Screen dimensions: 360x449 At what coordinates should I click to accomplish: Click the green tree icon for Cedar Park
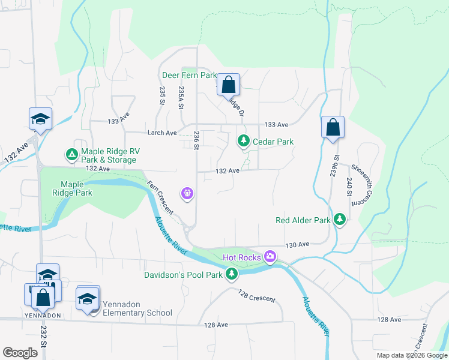tap(243, 141)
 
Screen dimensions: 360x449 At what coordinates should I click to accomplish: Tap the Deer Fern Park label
tap(189, 76)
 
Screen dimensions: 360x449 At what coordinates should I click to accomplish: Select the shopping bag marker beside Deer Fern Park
tap(228, 85)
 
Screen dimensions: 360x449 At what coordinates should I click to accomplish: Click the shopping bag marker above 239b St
tap(333, 127)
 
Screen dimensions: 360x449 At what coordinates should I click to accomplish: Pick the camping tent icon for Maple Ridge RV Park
tap(71, 155)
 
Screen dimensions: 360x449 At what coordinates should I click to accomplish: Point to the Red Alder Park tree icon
tap(340, 220)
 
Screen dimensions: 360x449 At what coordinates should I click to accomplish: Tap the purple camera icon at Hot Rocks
tap(270, 257)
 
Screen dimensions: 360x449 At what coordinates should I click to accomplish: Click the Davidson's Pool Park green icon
tap(232, 275)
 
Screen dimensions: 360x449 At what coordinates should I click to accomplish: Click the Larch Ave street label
tap(163, 133)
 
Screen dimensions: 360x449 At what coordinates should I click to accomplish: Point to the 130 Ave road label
tap(297, 245)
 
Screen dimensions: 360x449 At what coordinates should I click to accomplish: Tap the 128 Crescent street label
tap(256, 296)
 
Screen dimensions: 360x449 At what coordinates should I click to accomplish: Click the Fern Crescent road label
tap(161, 198)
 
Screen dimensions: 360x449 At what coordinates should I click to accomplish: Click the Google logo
tap(20, 353)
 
